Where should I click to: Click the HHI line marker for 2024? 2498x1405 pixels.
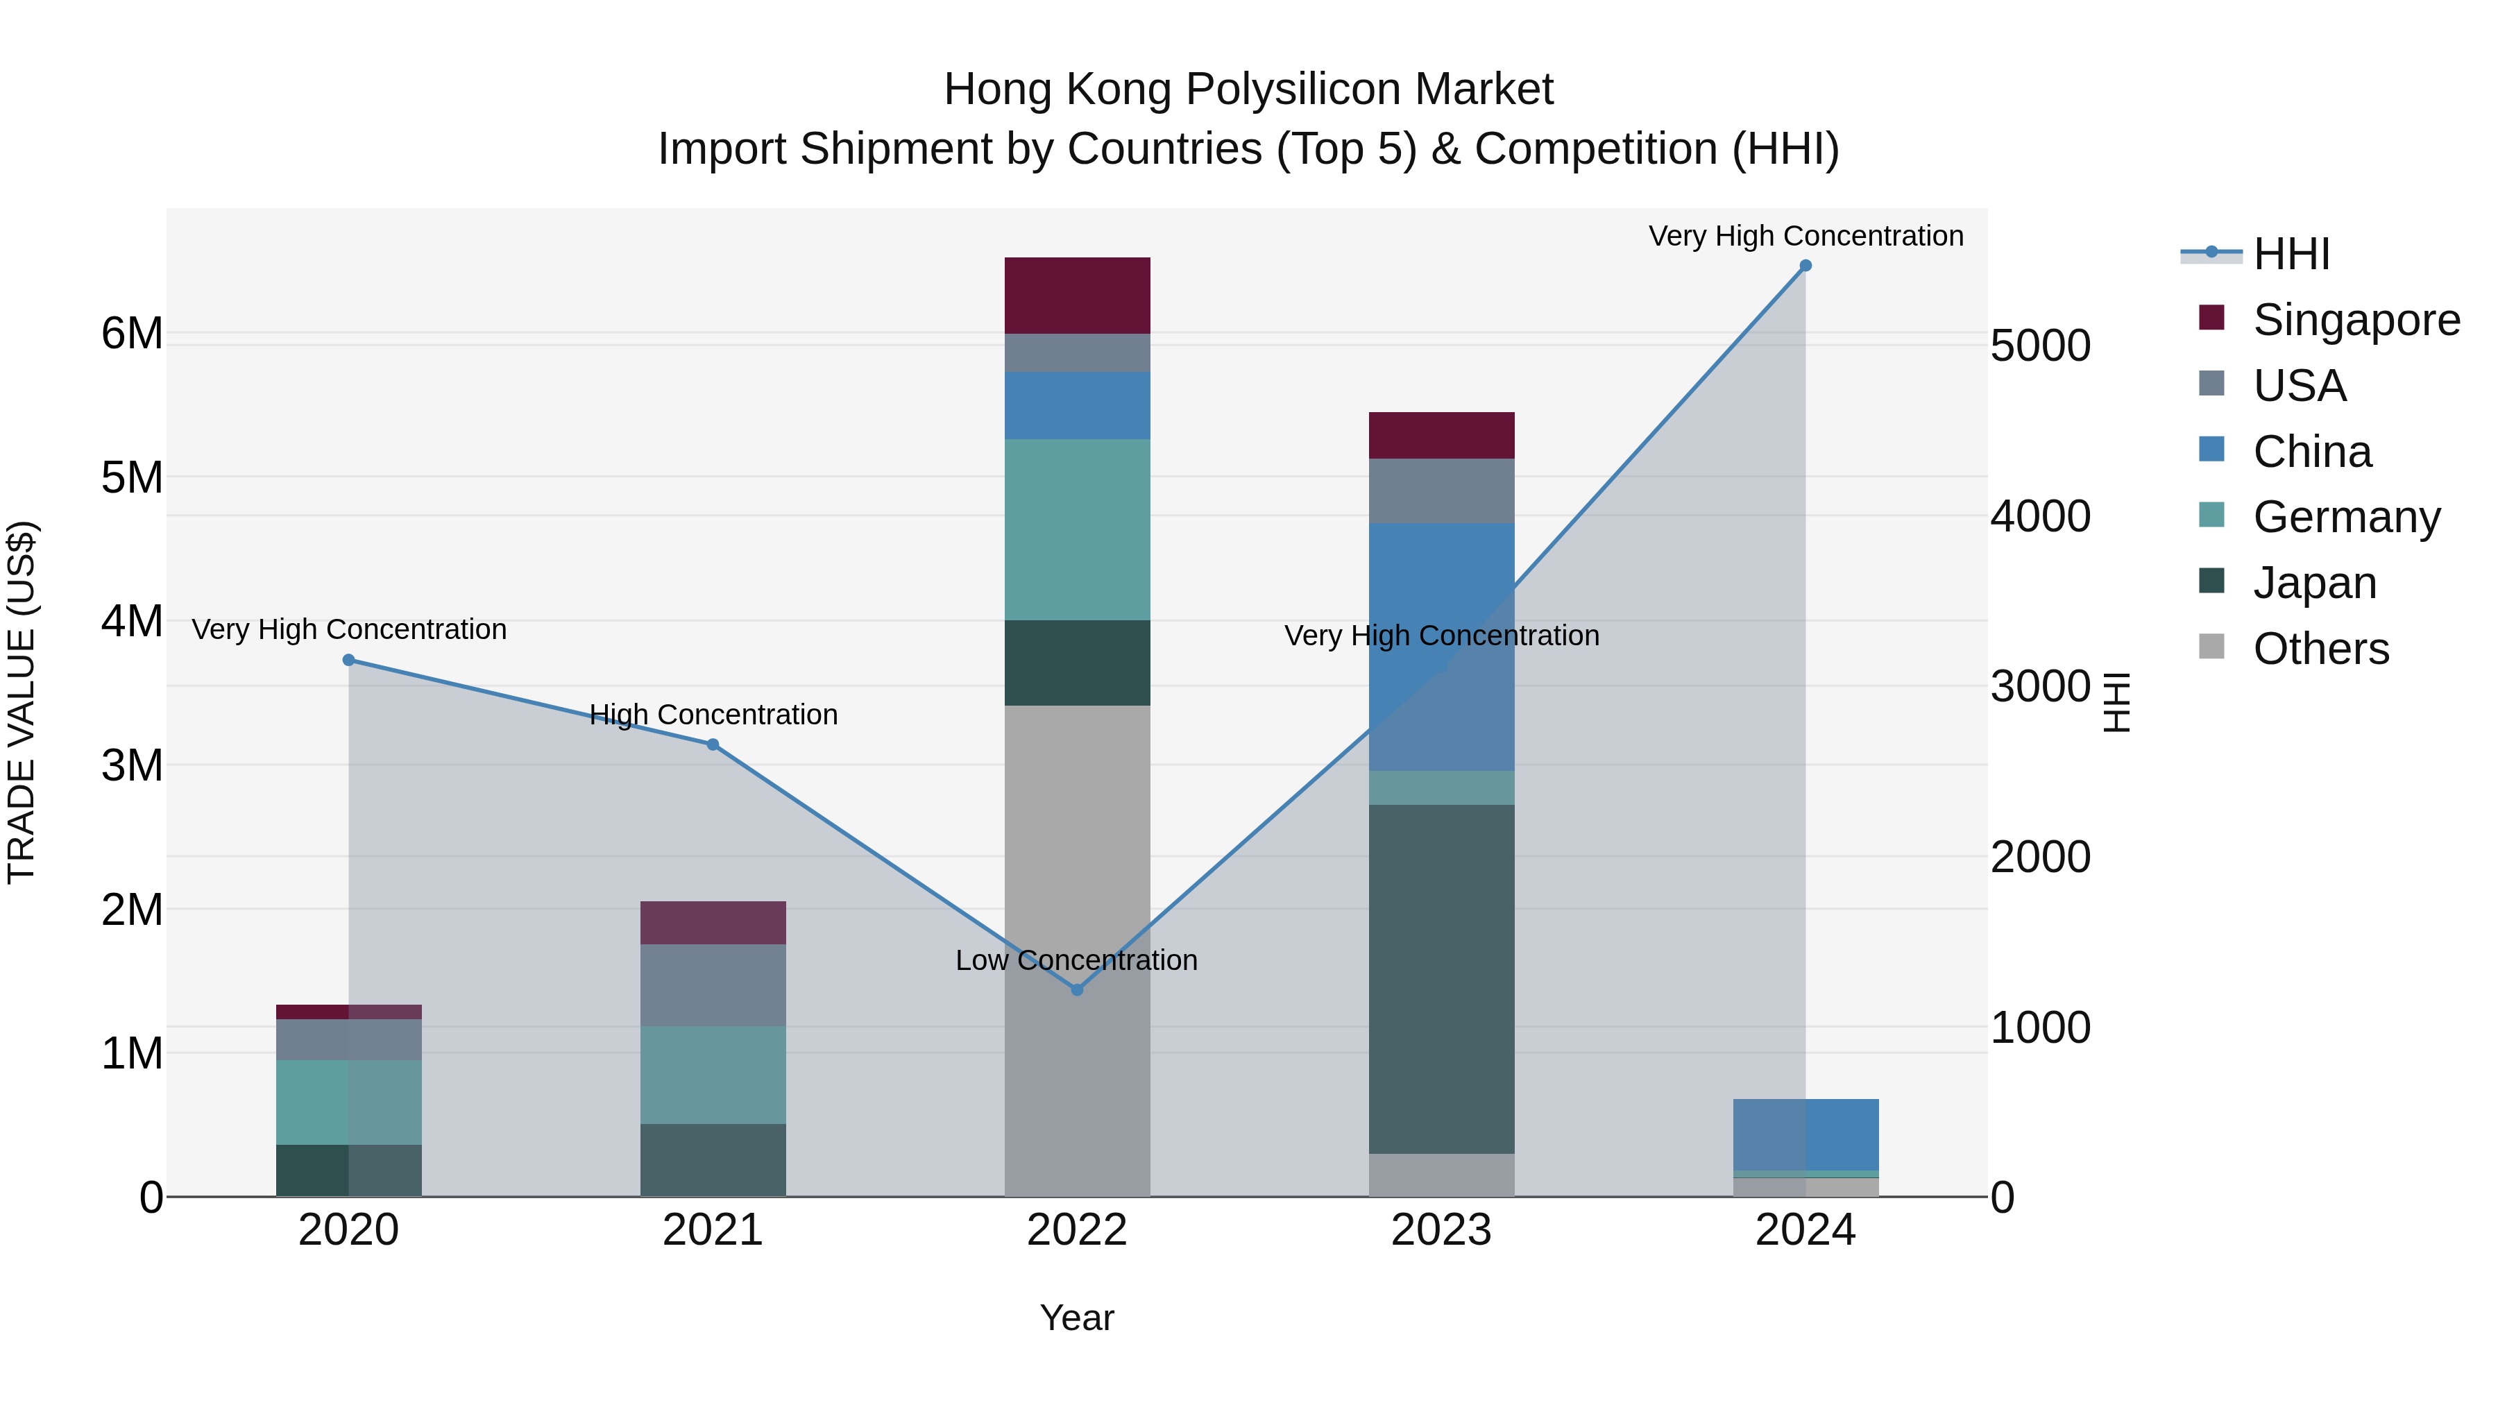(x=1805, y=266)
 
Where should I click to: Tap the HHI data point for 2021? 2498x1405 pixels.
(x=713, y=744)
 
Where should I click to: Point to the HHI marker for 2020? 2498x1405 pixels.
(x=349, y=661)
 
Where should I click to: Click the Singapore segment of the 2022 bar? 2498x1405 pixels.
(x=1076, y=296)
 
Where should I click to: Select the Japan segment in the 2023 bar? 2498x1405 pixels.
(x=1441, y=979)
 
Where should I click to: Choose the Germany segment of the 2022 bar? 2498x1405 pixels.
(x=1076, y=529)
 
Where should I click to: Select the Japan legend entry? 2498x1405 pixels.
(x=2313, y=583)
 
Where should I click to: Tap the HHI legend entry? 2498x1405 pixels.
(x=2291, y=254)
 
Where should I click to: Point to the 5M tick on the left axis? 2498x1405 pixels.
(x=132, y=477)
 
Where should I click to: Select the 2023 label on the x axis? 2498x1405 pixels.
(x=1441, y=1230)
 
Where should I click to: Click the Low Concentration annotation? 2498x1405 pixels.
(x=1076, y=960)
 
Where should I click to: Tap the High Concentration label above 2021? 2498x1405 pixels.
(x=713, y=715)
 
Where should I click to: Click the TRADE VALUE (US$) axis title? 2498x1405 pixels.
(x=22, y=702)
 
